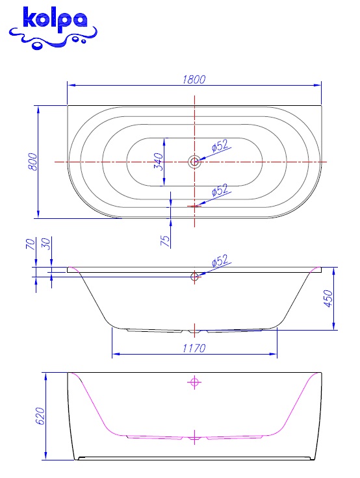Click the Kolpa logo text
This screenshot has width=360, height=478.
pyautogui.click(x=55, y=20)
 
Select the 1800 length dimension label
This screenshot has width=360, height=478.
pyautogui.click(x=194, y=80)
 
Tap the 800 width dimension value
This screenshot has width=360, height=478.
pyautogui.click(x=32, y=162)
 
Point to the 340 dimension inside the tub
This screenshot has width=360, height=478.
pyautogui.click(x=159, y=162)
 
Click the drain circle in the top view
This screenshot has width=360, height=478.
pyautogui.click(x=194, y=162)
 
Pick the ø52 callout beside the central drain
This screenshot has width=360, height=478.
pyautogui.click(x=220, y=145)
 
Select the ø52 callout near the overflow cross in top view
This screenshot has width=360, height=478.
pyautogui.click(x=220, y=190)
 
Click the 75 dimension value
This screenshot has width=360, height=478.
pyautogui.click(x=165, y=241)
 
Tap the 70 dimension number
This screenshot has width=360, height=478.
pyautogui.click(x=31, y=244)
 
